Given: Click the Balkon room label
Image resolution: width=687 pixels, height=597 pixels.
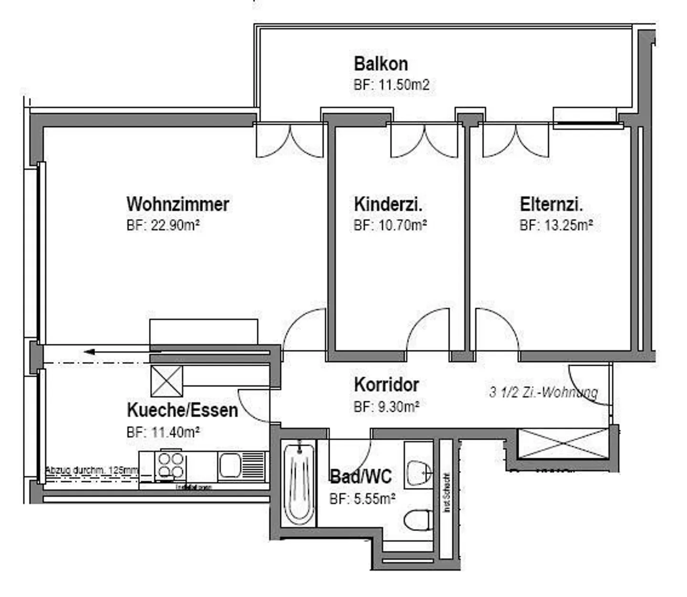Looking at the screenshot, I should pyautogui.click(x=381, y=63).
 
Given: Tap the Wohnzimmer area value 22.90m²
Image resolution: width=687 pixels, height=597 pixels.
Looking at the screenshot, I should pyautogui.click(x=163, y=225).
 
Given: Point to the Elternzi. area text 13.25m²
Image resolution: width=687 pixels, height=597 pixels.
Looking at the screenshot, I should pyautogui.click(x=556, y=225).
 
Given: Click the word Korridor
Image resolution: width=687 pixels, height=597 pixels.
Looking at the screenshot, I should pyautogui.click(x=386, y=384).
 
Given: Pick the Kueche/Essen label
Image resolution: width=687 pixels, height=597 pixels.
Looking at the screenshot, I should pyautogui.click(x=182, y=410).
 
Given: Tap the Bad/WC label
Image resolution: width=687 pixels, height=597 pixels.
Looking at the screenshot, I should pyautogui.click(x=361, y=476).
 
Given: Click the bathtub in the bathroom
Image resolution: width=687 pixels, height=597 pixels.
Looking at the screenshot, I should pyautogui.click(x=299, y=484).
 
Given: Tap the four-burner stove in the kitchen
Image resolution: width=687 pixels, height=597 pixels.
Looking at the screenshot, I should pyautogui.click(x=170, y=465).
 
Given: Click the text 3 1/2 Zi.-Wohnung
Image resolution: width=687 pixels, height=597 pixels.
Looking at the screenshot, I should pyautogui.click(x=543, y=392).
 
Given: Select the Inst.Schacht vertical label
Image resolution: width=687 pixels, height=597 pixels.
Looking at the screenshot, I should pyautogui.click(x=447, y=493).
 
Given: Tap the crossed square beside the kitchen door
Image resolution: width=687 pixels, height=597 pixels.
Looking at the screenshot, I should pyautogui.click(x=167, y=381).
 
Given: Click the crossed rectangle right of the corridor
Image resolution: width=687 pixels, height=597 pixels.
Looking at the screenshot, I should pyautogui.click(x=563, y=443).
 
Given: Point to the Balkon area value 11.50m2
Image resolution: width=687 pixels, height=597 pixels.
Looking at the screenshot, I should pyautogui.click(x=391, y=85).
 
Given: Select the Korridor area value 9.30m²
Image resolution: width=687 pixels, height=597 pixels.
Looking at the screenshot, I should pyautogui.click(x=386, y=407).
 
